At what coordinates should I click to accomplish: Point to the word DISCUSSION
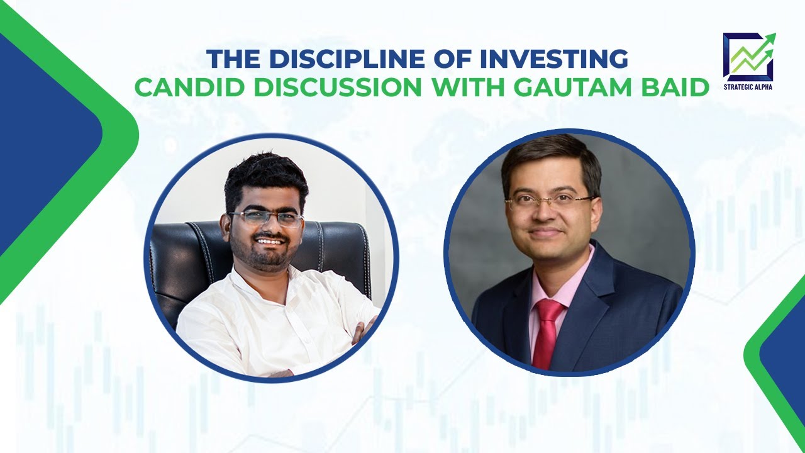[333, 87]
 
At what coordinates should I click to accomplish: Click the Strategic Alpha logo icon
[749, 56]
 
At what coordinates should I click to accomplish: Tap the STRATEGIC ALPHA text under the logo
[749, 86]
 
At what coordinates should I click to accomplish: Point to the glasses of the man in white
[266, 219]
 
